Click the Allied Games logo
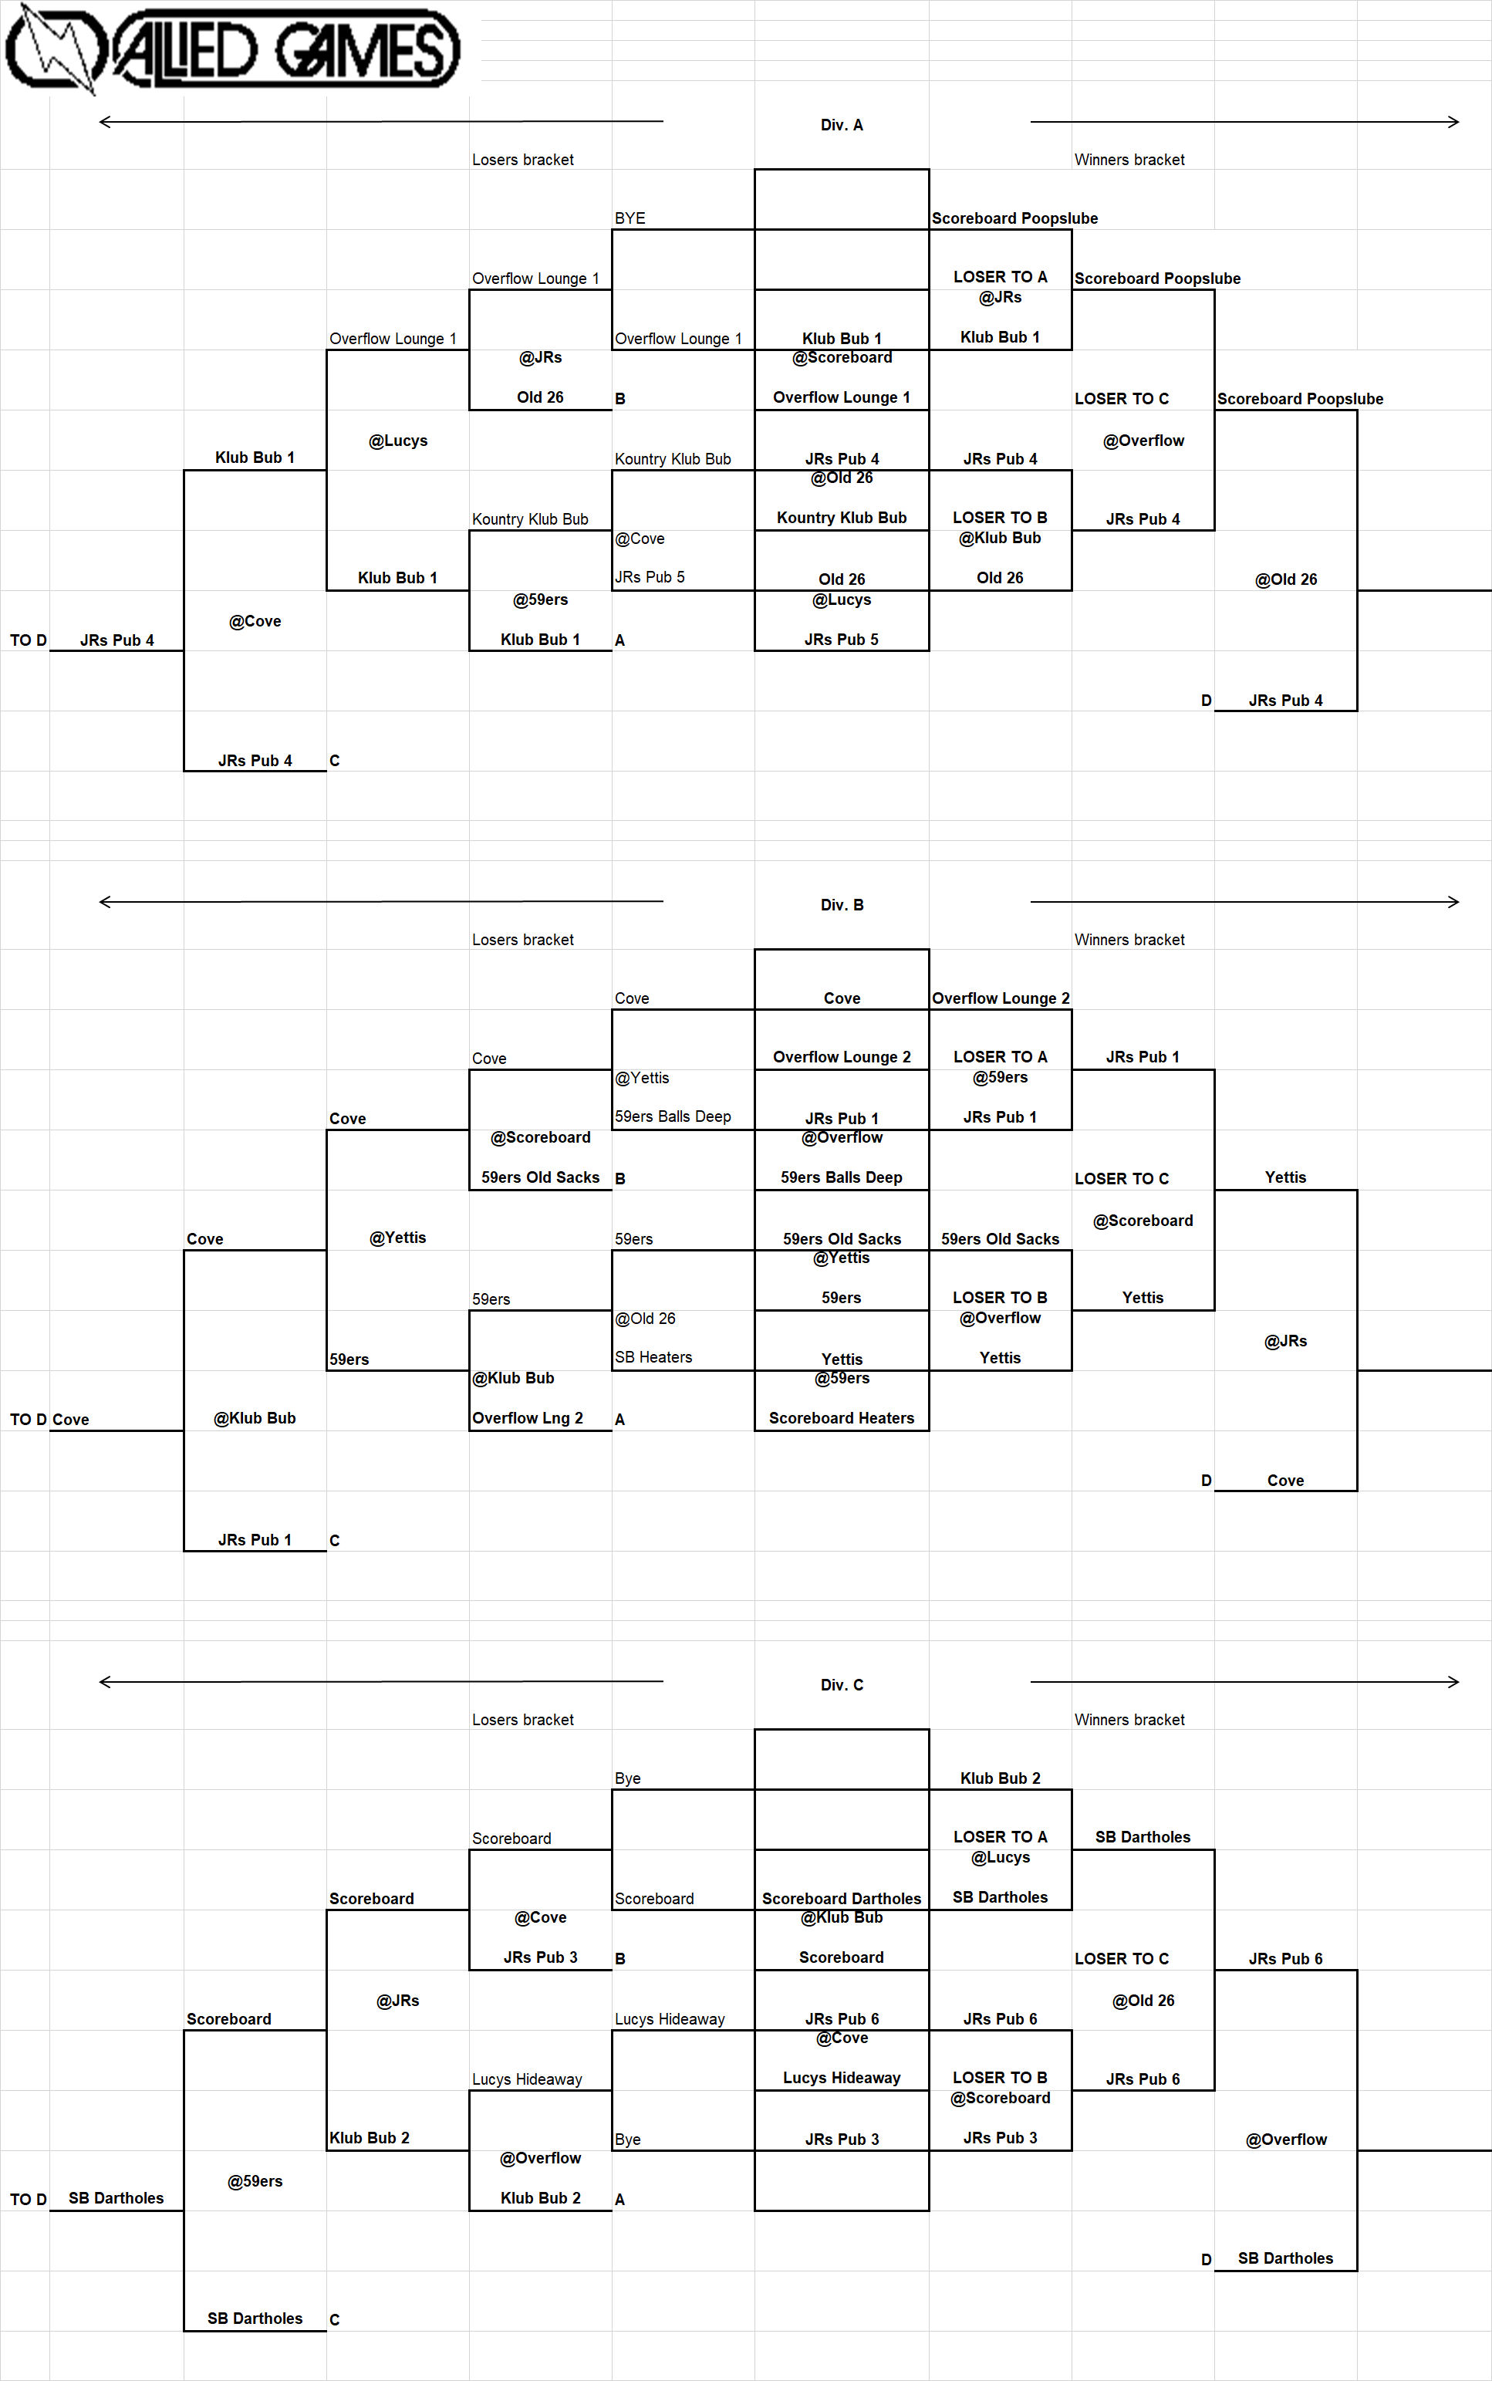tap(233, 47)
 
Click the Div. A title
tap(842, 125)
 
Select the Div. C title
tap(842, 1684)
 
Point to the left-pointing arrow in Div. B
tap(381, 901)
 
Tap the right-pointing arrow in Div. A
tap(1244, 121)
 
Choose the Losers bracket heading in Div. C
tap(522, 1719)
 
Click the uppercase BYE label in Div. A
tap(630, 218)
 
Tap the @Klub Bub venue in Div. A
tap(1000, 538)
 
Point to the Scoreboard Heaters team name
tap(842, 1418)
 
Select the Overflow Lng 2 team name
tap(527, 1418)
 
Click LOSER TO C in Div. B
tap(1121, 1178)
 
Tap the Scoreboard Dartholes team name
tap(842, 1899)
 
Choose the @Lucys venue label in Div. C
tap(1000, 1857)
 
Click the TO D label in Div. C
tap(29, 2200)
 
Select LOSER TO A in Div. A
tap(1000, 277)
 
